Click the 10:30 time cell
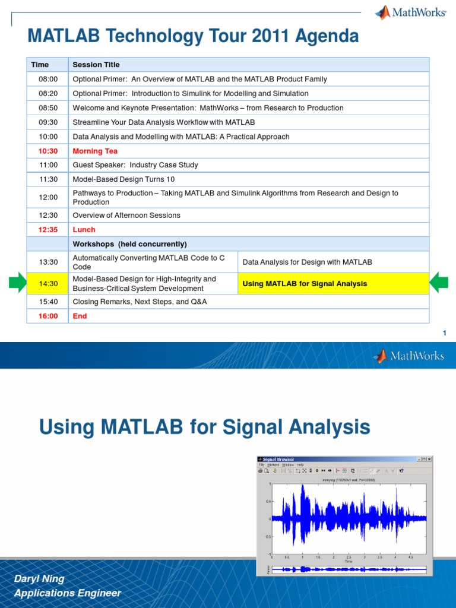click(x=48, y=151)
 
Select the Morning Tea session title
click(x=95, y=151)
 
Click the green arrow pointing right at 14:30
click(x=18, y=283)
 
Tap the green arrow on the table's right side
click(x=439, y=283)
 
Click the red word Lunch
click(x=84, y=229)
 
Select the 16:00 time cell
click(x=48, y=316)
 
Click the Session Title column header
click(x=96, y=65)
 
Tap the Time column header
click(x=40, y=65)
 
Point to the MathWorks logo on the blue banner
click(x=408, y=356)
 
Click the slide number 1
click(x=444, y=334)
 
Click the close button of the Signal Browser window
click(x=429, y=459)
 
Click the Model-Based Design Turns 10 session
click(x=123, y=179)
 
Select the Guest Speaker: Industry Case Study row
click(x=135, y=165)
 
